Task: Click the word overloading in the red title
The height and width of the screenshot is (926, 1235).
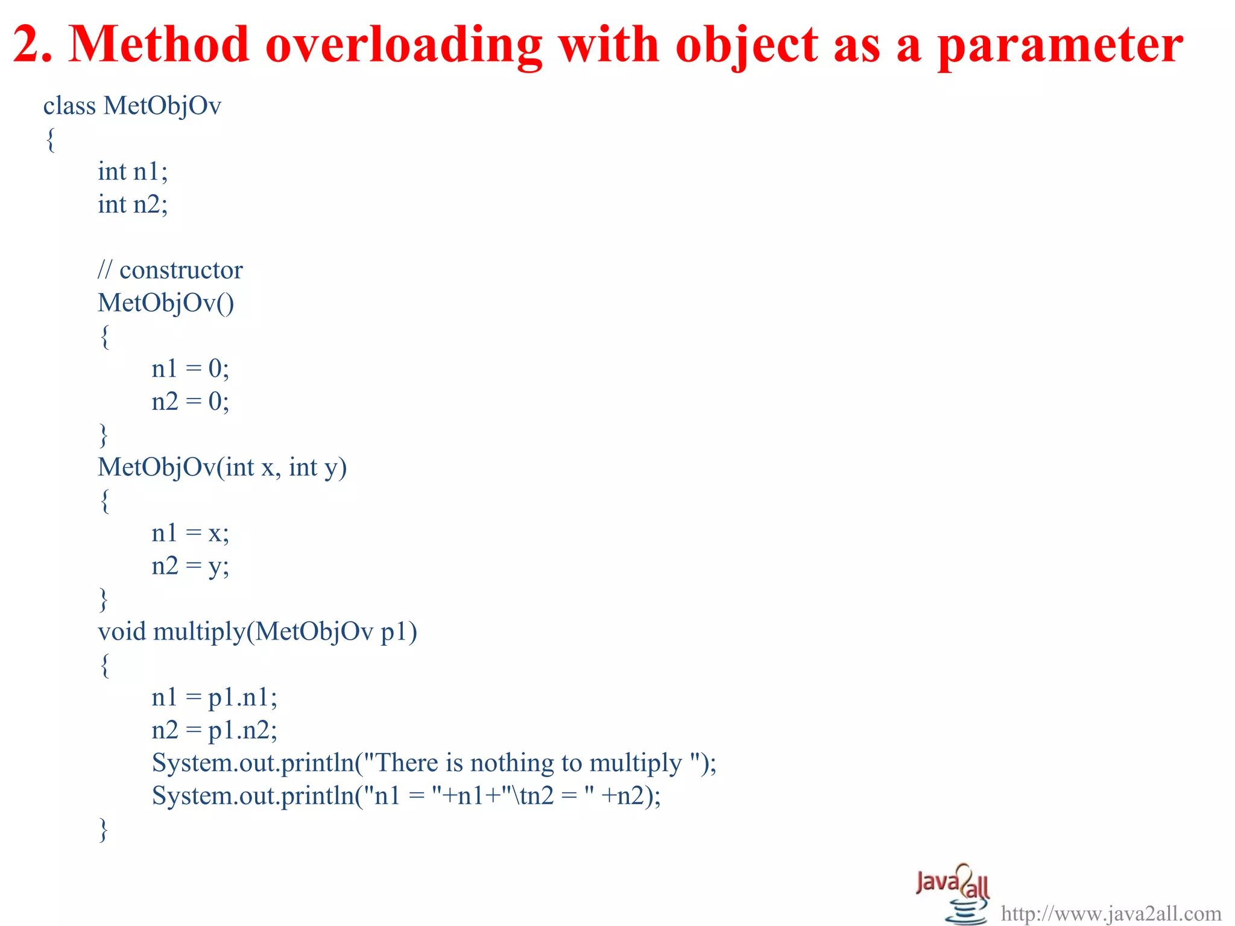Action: pyautogui.click(x=403, y=45)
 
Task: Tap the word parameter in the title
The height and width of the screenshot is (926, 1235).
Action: pyautogui.click(x=1060, y=45)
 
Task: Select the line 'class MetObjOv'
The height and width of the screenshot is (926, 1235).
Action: pyautogui.click(x=132, y=106)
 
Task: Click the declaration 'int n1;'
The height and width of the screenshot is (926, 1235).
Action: pyautogui.click(x=133, y=172)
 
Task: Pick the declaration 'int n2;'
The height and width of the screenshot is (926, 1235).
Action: pyautogui.click(x=133, y=204)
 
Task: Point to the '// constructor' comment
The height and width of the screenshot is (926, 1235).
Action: pyautogui.click(x=170, y=270)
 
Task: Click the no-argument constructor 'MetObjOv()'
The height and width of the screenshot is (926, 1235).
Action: pyautogui.click(x=166, y=303)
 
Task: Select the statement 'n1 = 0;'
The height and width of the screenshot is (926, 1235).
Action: pyautogui.click(x=190, y=369)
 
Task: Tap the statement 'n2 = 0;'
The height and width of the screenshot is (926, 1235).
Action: pyautogui.click(x=190, y=402)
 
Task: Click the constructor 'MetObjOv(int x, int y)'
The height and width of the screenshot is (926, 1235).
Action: pyautogui.click(x=222, y=468)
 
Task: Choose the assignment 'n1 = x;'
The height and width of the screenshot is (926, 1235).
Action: pyautogui.click(x=190, y=534)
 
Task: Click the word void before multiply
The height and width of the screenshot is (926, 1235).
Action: pyautogui.click(x=122, y=632)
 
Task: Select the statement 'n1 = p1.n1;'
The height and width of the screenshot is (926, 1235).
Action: pyautogui.click(x=214, y=698)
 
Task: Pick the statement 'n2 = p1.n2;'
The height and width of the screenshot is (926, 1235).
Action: pyautogui.click(x=214, y=731)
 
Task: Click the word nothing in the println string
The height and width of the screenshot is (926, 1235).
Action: pyautogui.click(x=511, y=763)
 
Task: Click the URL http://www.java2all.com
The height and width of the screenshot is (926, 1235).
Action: pyautogui.click(x=1111, y=914)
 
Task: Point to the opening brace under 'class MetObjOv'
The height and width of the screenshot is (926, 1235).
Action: pyautogui.click(x=51, y=140)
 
